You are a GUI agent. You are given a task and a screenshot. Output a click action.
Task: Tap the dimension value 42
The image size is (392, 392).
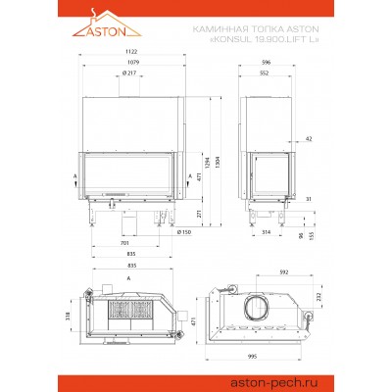pos(309,139)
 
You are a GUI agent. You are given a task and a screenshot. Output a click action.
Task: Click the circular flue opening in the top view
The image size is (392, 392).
pos(259,304)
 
